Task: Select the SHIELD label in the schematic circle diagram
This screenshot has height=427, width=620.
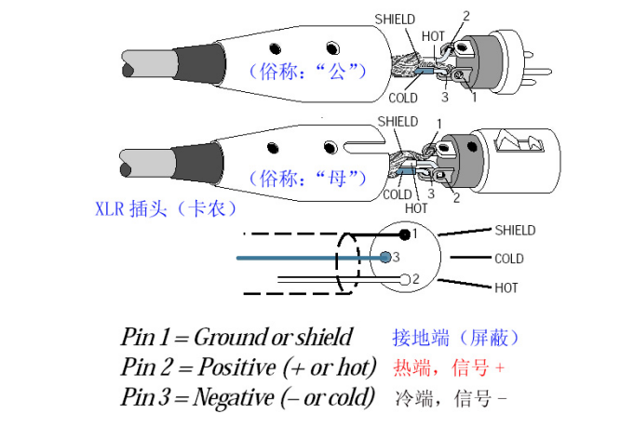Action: tap(515, 230)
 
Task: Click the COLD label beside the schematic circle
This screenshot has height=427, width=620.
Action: tap(508, 259)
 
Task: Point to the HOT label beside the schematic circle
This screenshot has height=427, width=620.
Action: tap(506, 288)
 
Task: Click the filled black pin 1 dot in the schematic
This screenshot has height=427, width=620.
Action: tap(405, 234)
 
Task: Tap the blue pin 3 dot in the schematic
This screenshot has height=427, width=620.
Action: tap(386, 257)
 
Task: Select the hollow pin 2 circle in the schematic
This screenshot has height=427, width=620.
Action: tap(405, 279)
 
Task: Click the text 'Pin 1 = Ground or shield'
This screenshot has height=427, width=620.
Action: tap(236, 337)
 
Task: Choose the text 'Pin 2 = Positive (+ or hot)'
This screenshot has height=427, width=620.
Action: tap(249, 367)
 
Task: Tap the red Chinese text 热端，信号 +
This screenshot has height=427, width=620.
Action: tap(449, 367)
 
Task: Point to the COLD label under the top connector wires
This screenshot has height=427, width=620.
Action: tap(403, 97)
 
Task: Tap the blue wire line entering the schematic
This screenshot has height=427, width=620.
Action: tap(298, 257)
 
